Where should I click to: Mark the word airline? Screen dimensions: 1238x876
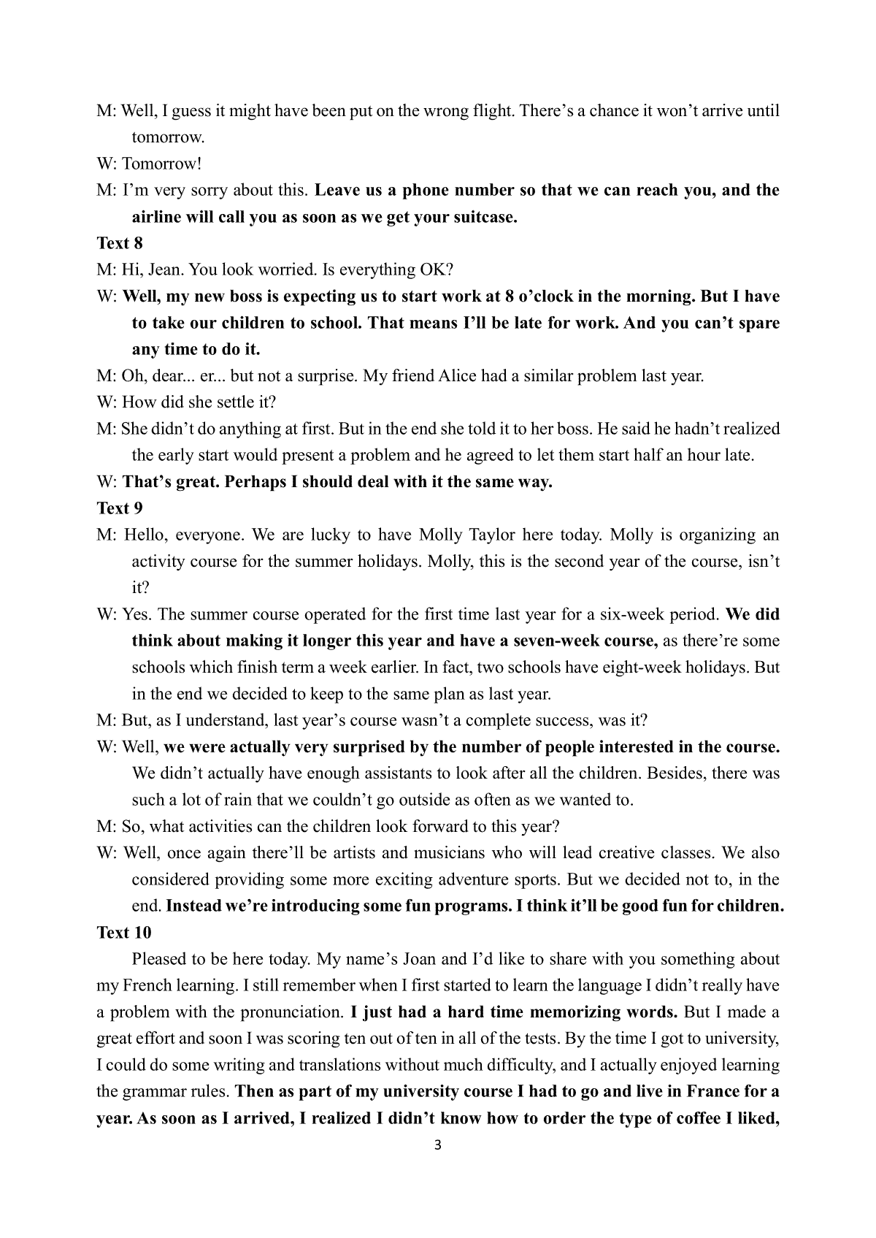pyautogui.click(x=159, y=217)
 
